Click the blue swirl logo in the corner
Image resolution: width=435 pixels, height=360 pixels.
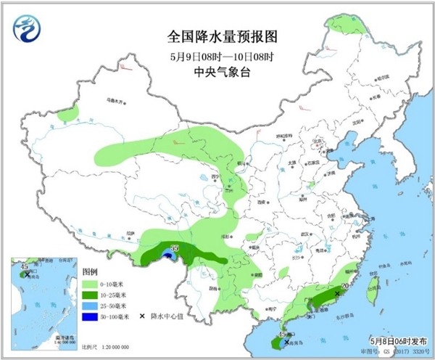pyautogui.click(x=28, y=29)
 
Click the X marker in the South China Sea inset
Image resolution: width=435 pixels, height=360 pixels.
pyautogui.click(x=27, y=275)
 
